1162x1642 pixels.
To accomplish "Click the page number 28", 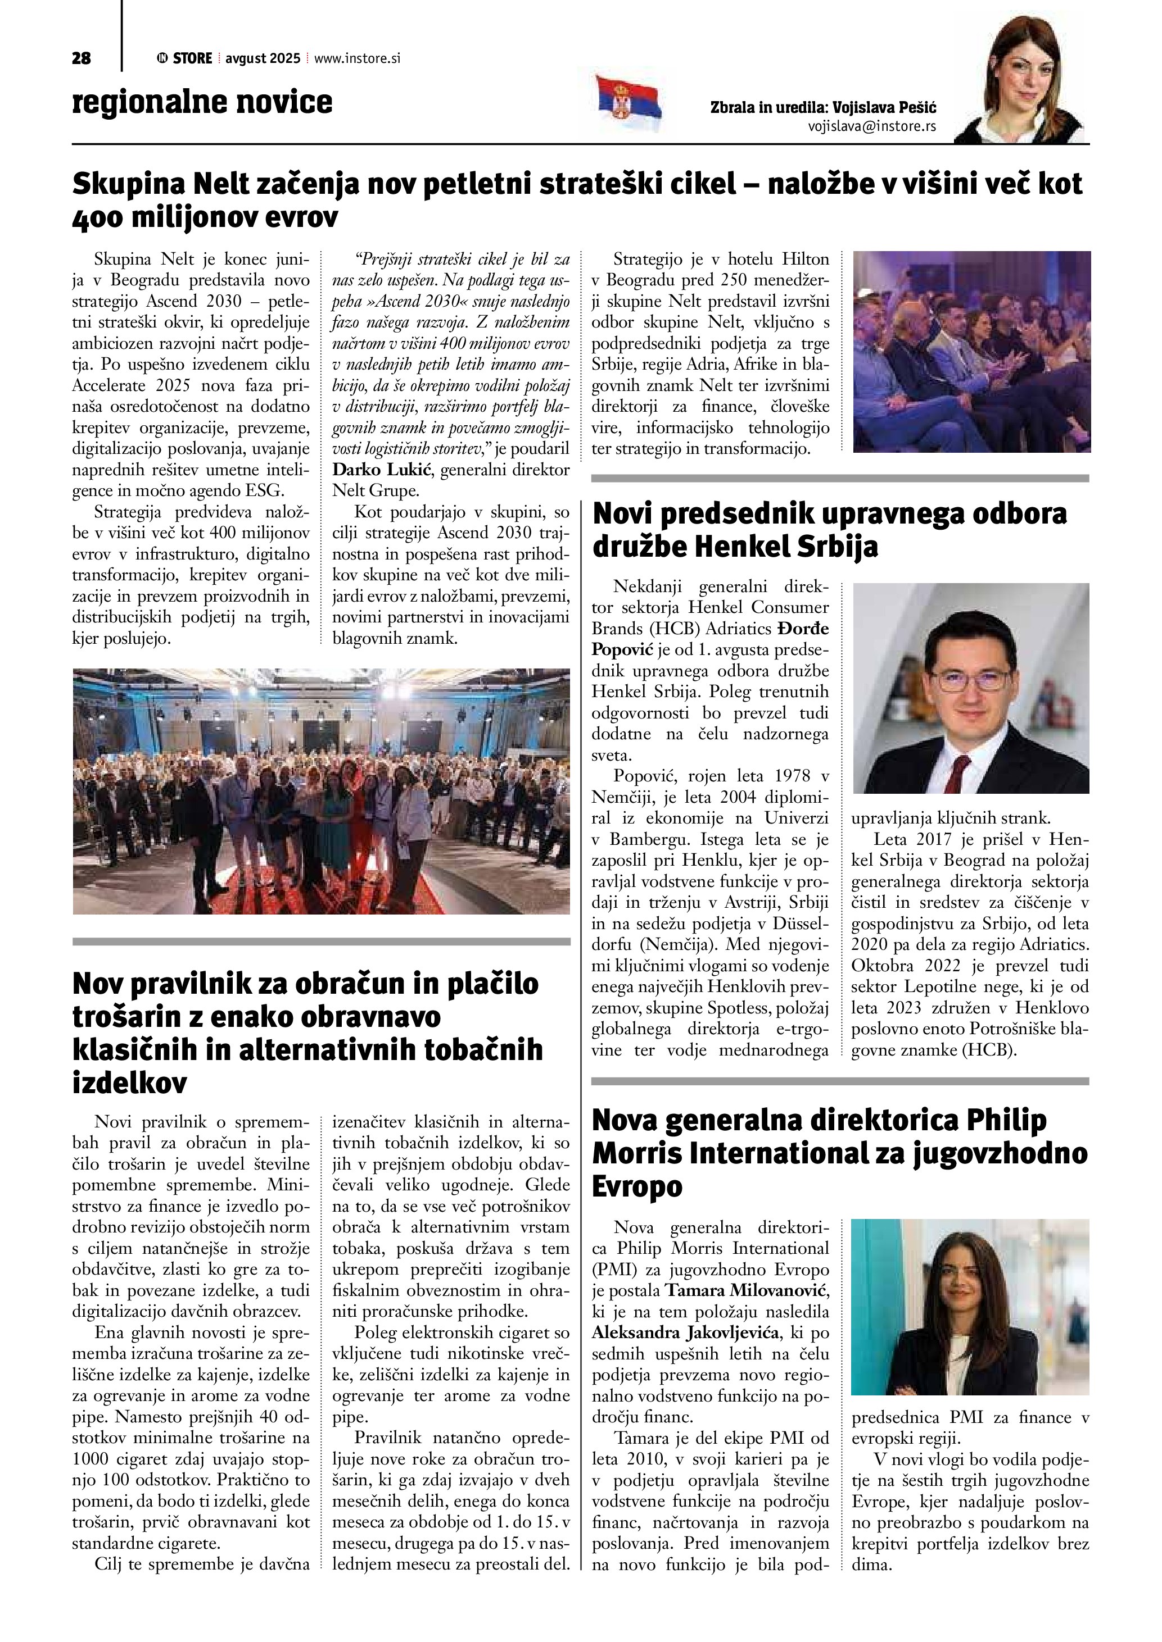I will click(x=82, y=58).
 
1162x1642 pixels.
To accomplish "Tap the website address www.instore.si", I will click(x=356, y=58).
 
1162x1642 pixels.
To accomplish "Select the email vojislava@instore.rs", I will click(x=871, y=126).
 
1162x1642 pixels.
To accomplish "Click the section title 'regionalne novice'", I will click(x=202, y=102).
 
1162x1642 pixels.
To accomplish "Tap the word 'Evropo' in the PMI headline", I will click(x=637, y=1186).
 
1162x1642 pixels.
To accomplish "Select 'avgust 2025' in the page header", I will click(x=263, y=58).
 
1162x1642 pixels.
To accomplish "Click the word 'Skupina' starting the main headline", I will click(x=129, y=184).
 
